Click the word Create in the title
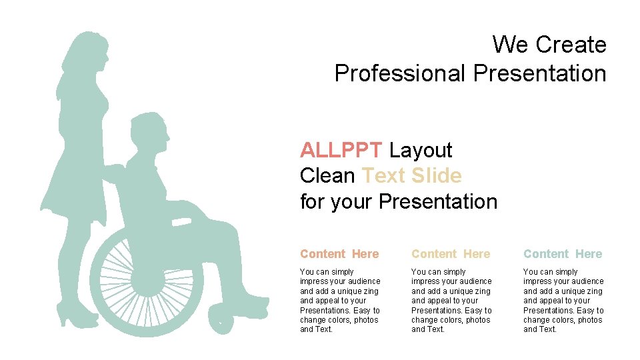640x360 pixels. [571, 45]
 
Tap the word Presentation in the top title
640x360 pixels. [540, 73]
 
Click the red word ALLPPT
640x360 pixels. [341, 150]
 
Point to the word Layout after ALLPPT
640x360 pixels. [421, 150]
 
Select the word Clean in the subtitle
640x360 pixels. [327, 175]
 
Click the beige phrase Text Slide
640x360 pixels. [411, 175]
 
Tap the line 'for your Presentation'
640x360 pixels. [399, 201]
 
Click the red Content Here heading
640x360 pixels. [339, 254]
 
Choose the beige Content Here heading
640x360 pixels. [451, 254]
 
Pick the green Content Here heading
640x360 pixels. [563, 254]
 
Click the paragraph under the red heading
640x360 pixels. [340, 300]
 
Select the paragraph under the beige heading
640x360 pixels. [451, 300]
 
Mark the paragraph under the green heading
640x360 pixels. [563, 300]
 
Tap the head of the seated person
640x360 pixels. [149, 133]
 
